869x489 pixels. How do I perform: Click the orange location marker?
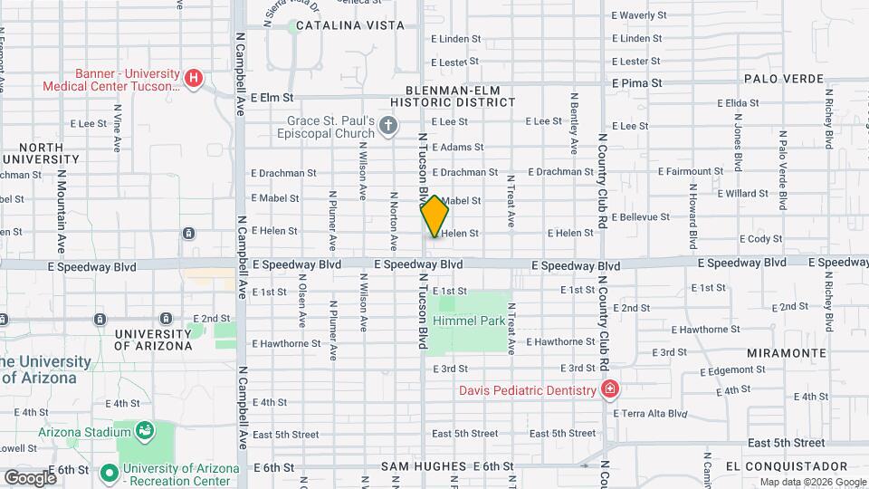(x=434, y=216)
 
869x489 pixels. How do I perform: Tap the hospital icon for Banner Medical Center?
(x=193, y=79)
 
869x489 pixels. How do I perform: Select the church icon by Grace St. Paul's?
(x=388, y=125)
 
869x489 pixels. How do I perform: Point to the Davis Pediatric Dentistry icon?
(x=610, y=390)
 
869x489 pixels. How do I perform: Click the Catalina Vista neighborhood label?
(x=350, y=25)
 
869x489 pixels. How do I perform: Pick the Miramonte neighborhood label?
(x=787, y=352)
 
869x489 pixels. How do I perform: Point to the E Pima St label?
(x=637, y=82)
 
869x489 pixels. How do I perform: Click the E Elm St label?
(x=272, y=97)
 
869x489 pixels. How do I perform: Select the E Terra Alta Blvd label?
(x=652, y=413)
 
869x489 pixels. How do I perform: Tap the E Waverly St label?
(x=639, y=15)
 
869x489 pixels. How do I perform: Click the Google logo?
(x=30, y=477)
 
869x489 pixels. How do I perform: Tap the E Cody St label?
(x=760, y=239)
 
